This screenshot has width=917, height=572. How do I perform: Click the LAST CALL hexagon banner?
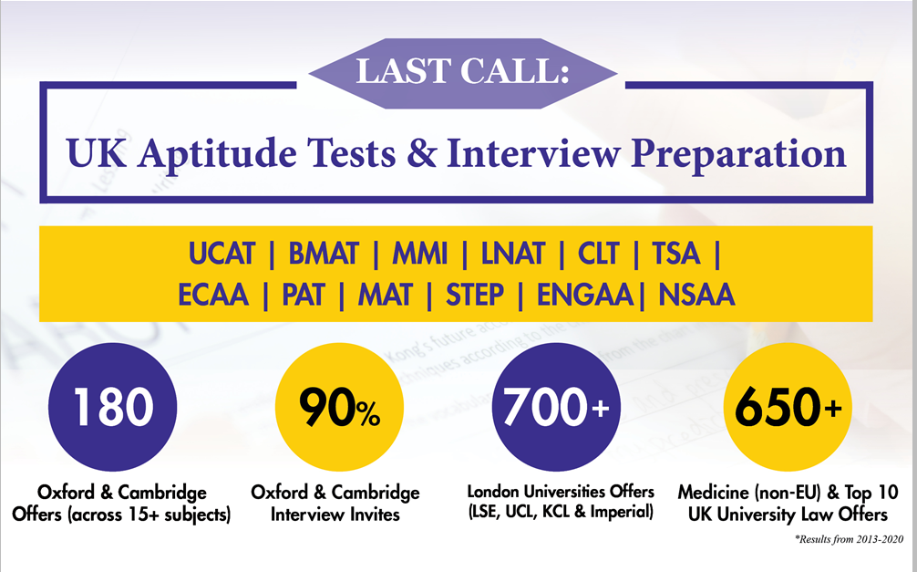coord(463,73)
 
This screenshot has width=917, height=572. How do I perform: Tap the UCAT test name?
coord(222,255)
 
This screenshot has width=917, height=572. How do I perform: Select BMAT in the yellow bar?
coord(323,255)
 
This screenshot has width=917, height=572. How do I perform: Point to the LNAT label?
coord(513,255)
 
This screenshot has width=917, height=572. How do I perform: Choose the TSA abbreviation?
coord(676,255)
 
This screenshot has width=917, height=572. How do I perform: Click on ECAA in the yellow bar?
coord(213,295)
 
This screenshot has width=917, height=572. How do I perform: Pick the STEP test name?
coord(474,295)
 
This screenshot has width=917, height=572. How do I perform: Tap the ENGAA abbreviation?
coord(585,295)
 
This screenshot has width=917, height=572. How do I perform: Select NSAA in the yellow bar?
coord(696,295)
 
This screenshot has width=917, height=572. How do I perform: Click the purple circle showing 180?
coord(112,407)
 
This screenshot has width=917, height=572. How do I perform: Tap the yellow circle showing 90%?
coord(339,407)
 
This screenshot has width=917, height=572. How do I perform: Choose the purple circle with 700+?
coord(556,407)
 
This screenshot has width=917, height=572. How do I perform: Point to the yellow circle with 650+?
coord(788,407)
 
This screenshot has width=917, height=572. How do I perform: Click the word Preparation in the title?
coord(738,153)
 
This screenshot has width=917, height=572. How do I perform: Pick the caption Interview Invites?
coord(335,515)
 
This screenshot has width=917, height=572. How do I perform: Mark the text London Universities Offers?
coord(561,491)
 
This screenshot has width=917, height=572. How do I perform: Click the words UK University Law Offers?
coord(788,515)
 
